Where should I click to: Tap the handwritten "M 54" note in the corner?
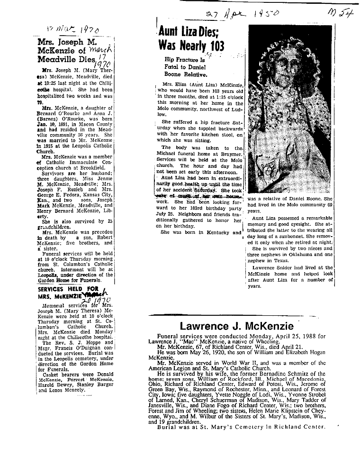[x=340, y=14]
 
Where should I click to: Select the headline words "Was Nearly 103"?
[x=191, y=46]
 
